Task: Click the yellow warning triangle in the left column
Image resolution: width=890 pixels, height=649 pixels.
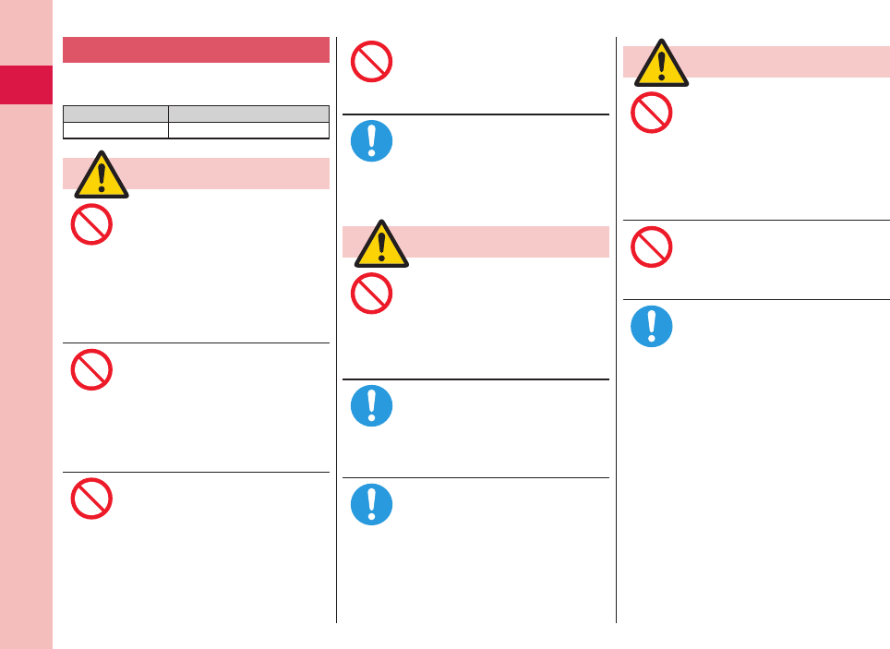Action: (x=102, y=175)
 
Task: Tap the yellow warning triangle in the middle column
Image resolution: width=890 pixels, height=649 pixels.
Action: (x=381, y=245)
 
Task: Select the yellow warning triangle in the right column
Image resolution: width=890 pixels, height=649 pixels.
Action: (x=661, y=64)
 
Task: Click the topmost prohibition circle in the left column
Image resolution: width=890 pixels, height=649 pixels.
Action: (x=91, y=224)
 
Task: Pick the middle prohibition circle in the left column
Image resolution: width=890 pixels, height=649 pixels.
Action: (x=91, y=369)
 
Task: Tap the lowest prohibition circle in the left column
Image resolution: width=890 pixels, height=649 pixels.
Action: (x=91, y=498)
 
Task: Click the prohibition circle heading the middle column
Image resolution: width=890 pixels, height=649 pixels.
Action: (x=372, y=62)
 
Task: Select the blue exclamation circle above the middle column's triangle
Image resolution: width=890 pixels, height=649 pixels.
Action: (x=372, y=141)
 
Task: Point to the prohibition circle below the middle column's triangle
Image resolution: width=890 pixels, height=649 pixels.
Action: (x=372, y=294)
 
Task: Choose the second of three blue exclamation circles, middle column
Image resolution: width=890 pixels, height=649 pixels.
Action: (x=372, y=405)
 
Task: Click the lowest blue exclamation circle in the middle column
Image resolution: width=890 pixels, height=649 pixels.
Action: (x=372, y=505)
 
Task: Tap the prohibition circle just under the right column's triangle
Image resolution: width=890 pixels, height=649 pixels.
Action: (x=652, y=114)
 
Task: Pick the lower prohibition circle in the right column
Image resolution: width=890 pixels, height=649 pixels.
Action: (x=652, y=246)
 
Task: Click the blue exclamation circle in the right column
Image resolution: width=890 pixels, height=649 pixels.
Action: (x=652, y=327)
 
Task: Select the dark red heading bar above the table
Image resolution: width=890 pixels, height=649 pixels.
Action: (x=196, y=50)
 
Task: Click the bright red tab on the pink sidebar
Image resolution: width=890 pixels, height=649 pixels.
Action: (x=26, y=85)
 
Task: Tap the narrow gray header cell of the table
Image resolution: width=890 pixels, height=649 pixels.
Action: (x=115, y=114)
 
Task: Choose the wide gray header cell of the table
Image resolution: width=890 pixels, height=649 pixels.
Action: (x=248, y=114)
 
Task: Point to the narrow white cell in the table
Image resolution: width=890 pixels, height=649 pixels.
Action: (x=115, y=130)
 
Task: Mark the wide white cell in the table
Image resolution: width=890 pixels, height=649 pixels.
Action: (x=248, y=130)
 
